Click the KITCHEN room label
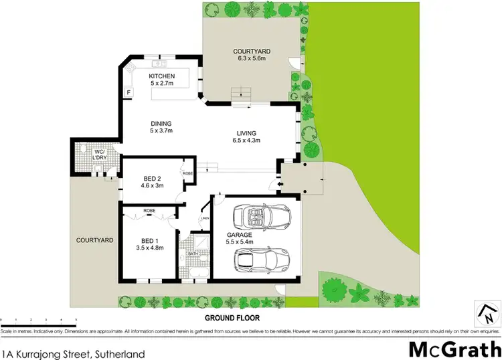161,76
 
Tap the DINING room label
161,123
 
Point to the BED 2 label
153,178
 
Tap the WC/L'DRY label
100,155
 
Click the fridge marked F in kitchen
128,91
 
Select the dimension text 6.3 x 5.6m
251,59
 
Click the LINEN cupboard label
205,218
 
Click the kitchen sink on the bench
160,65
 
